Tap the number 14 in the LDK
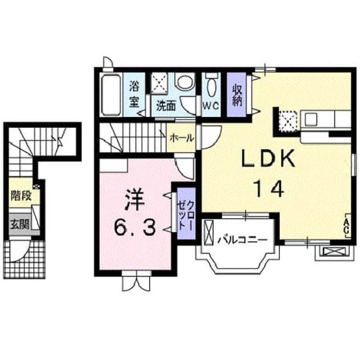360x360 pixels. [x=269, y=189]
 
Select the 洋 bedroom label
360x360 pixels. [x=134, y=201]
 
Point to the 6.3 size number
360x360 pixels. [x=134, y=227]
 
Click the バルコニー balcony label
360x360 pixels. [x=242, y=240]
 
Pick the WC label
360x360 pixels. [x=211, y=106]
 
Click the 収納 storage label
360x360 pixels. [x=237, y=95]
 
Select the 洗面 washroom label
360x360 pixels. [x=166, y=106]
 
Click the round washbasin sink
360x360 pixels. [x=185, y=82]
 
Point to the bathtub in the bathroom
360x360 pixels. [x=111, y=95]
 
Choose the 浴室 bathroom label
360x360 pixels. [x=134, y=94]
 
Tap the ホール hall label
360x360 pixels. [x=182, y=138]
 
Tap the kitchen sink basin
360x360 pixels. [x=310, y=119]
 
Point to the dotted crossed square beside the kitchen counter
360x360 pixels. [x=289, y=121]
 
